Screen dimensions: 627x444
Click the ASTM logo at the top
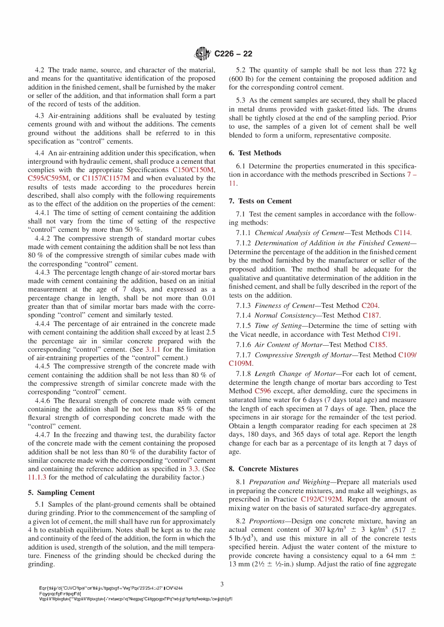tap(202, 54)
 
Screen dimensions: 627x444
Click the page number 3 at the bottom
tap(222, 584)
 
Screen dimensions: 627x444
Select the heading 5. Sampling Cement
tap(61, 493)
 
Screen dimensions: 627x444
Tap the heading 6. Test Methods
tap(255, 153)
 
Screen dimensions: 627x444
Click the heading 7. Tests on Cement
tap(260, 201)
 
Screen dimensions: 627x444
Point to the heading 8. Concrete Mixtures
tap(264, 469)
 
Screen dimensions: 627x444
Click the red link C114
tap(402, 233)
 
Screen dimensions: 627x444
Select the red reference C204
tap(370, 306)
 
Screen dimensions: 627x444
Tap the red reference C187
tap(371, 315)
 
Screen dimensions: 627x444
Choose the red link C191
tap(391, 334)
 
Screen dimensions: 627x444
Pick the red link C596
tap(263, 391)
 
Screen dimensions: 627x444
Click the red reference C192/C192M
tap(321, 499)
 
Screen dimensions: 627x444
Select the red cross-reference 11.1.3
tap(37, 477)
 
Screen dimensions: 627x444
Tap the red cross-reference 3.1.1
tap(152, 349)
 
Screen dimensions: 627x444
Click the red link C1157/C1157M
tap(106, 179)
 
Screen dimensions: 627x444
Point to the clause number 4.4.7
tap(43, 435)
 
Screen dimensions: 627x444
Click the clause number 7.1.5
tap(243, 326)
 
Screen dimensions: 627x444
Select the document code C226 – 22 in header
tap(233, 54)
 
